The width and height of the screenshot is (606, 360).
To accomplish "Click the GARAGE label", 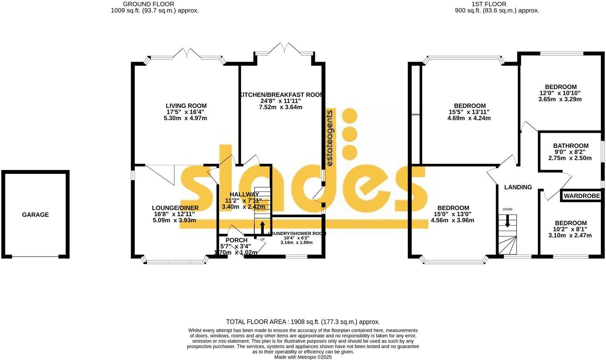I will pos(35,215).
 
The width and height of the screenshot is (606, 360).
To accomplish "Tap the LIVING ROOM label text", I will pos(186,106).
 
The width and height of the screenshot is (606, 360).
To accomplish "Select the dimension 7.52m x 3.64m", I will pos(280,107).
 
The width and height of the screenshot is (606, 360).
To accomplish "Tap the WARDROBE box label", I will pos(582,196).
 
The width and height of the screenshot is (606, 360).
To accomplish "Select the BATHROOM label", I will pos(571,146).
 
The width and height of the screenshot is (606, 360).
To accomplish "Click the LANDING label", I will pos(518,187).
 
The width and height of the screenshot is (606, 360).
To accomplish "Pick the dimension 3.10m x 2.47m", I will pos(570,235).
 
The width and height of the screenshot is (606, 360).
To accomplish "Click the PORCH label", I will pos(236,240).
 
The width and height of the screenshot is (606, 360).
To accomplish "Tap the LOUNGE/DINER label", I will pos(175,208).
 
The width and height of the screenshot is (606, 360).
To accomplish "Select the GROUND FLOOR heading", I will pos(148,4).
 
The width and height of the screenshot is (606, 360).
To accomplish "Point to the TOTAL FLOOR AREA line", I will pos(303,322).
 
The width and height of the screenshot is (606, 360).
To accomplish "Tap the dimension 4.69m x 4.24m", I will pos(469,118).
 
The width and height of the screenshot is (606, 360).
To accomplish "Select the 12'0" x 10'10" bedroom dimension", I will pos(560,93).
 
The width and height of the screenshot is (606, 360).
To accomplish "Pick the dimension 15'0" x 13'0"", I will pos(452,214).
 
